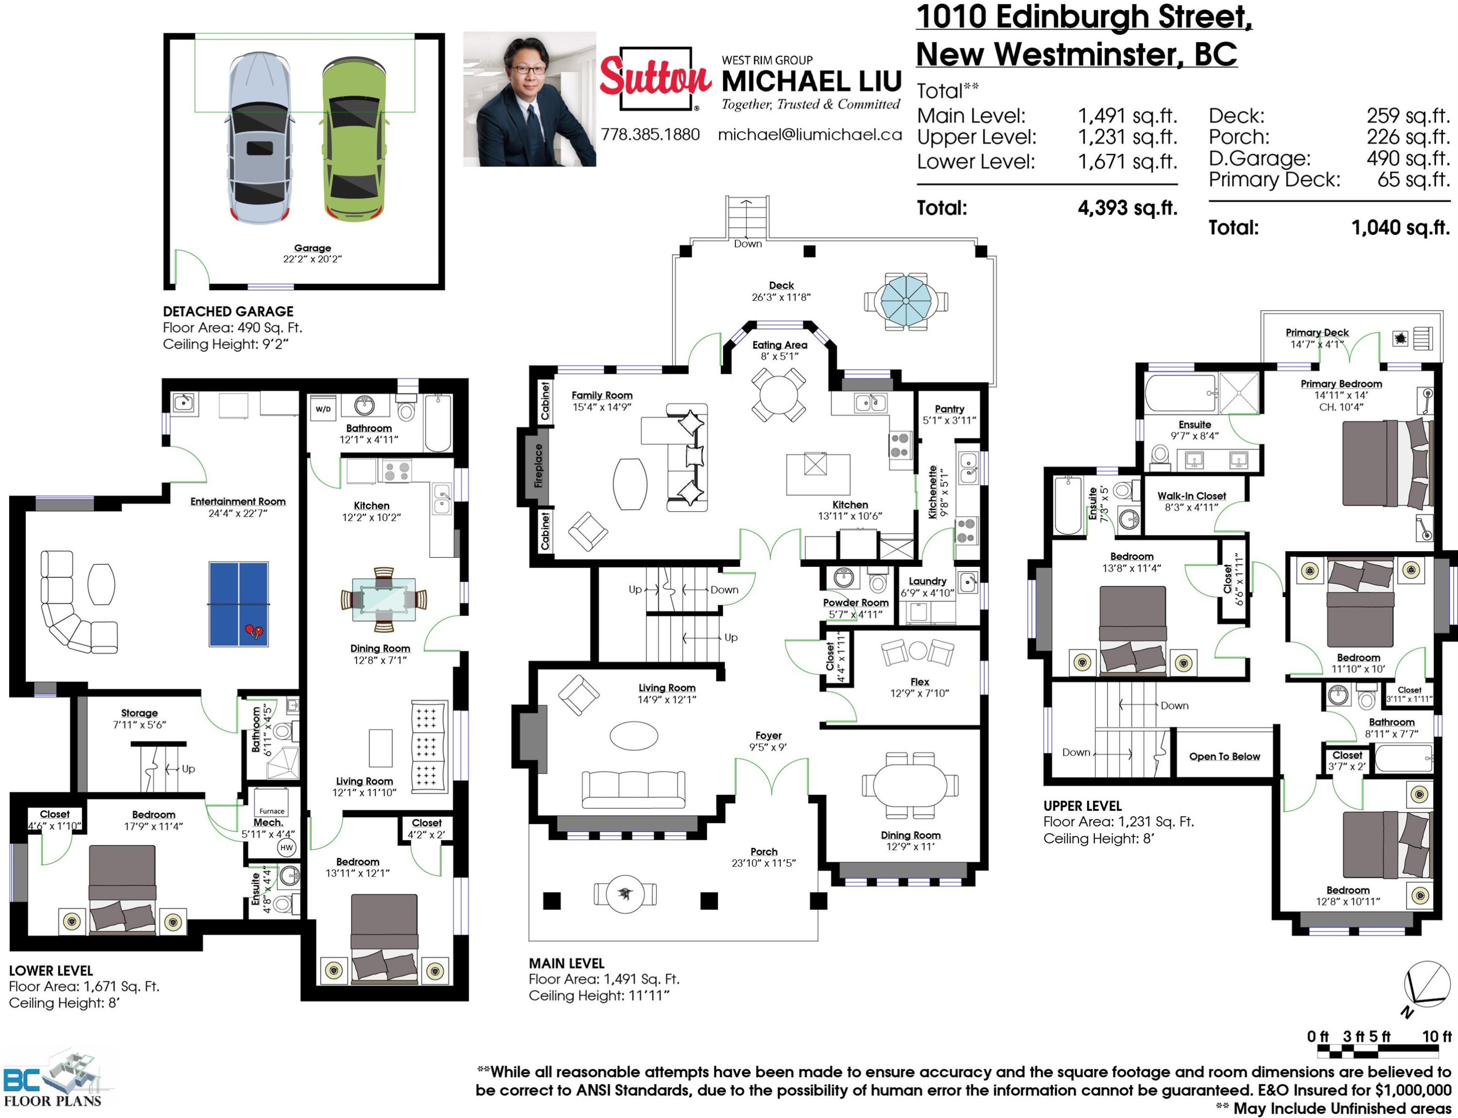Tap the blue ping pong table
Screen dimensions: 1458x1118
pyautogui.click(x=239, y=604)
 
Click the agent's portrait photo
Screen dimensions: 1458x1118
pyautogui.click(x=530, y=99)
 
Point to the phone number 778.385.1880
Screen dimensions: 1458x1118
pyautogui.click(x=650, y=135)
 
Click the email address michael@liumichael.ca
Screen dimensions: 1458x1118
pyautogui.click(x=810, y=135)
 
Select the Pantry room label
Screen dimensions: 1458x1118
pyautogui.click(x=950, y=409)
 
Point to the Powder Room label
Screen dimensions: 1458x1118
pyautogui.click(x=856, y=602)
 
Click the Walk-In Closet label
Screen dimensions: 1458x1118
pyautogui.click(x=1191, y=496)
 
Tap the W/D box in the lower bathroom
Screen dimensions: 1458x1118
pyautogui.click(x=323, y=409)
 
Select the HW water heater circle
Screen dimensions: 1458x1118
pyautogui.click(x=287, y=847)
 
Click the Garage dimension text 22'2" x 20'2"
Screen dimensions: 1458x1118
pyautogui.click(x=312, y=259)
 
